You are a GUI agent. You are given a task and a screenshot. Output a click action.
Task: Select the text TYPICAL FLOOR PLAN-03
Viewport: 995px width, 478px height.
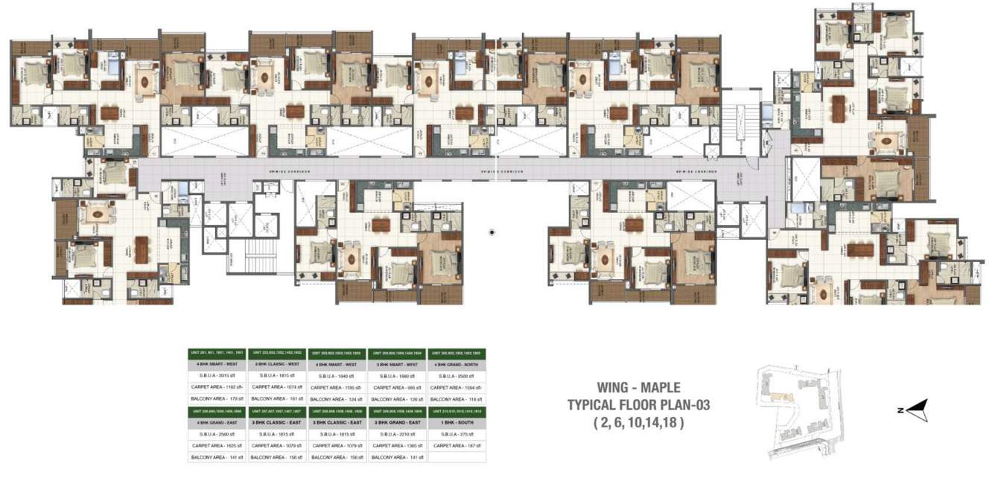coord(638,406)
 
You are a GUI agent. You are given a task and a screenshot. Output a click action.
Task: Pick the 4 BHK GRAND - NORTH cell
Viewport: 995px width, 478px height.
coord(457,365)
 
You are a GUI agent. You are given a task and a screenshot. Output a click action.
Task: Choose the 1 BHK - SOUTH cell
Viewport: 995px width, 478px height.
coord(457,422)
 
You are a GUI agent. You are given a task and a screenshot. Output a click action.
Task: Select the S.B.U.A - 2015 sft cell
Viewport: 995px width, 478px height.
coord(217,376)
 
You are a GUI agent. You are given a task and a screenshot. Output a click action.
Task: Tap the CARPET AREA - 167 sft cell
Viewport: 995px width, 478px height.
coord(457,445)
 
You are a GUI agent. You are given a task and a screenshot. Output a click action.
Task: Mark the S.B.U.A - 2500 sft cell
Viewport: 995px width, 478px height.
coord(457,376)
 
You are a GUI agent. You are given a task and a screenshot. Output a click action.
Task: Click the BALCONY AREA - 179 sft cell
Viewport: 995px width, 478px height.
coord(217,399)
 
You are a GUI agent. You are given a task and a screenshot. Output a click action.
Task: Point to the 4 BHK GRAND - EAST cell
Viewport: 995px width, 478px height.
coord(217,422)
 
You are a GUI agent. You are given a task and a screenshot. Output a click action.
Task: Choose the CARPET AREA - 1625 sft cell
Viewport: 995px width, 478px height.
coord(217,445)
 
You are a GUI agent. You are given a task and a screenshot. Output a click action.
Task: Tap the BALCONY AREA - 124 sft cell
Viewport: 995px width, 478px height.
coord(337,399)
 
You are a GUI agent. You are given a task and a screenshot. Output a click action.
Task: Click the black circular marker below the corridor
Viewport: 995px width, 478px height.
coord(492,233)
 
